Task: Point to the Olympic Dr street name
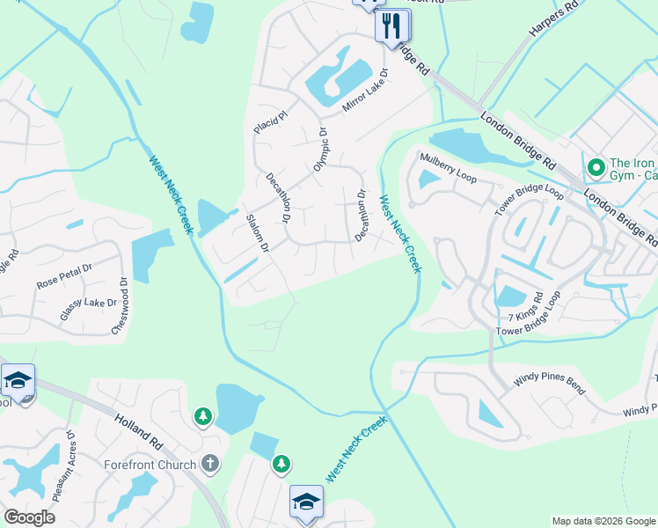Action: pyautogui.click(x=319, y=150)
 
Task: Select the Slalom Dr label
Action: pyautogui.click(x=257, y=233)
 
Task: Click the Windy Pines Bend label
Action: pyautogui.click(x=548, y=384)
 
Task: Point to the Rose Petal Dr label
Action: pyautogui.click(x=64, y=277)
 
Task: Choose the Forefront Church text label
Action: pyautogui.click(x=149, y=463)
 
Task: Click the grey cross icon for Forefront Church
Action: pyautogui.click(x=209, y=463)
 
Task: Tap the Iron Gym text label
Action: pyautogui.click(x=632, y=170)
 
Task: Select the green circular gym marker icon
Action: pyautogui.click(x=596, y=165)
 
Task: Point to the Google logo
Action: pyautogui.click(x=29, y=517)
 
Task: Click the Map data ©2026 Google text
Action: pyautogui.click(x=603, y=521)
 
